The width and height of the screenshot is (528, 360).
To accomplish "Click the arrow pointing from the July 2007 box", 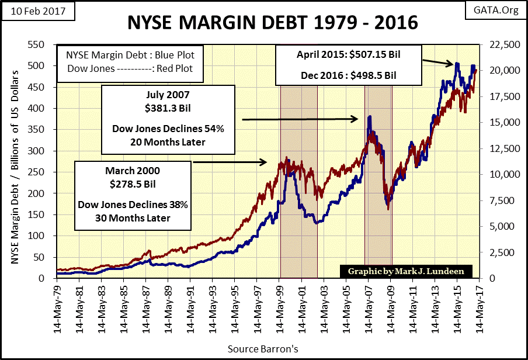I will pyautogui.click(x=300, y=119).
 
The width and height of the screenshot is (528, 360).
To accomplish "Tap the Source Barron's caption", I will pyautogui.click(x=264, y=349).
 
